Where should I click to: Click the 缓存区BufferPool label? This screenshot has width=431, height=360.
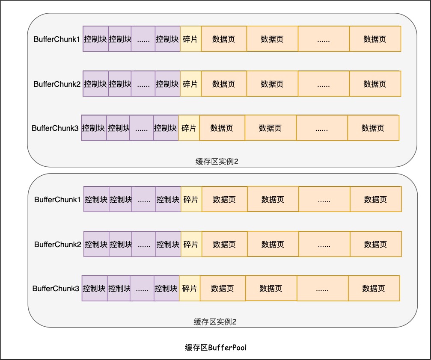(x=216, y=347)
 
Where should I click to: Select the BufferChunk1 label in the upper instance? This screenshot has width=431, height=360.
(x=57, y=39)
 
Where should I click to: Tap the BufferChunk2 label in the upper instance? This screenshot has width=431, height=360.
(x=57, y=84)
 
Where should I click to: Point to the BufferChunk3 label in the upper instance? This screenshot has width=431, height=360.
(x=55, y=128)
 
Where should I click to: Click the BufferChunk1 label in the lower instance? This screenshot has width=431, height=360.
(x=57, y=199)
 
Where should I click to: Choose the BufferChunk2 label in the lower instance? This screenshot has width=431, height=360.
(x=57, y=245)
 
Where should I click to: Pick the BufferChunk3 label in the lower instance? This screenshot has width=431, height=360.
(x=56, y=289)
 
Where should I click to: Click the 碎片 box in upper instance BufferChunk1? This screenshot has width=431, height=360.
(x=190, y=39)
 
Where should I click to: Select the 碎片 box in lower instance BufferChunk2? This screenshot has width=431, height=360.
(x=191, y=244)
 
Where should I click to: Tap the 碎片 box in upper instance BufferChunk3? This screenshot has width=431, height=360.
(x=189, y=128)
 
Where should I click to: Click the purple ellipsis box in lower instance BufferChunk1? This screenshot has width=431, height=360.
(x=144, y=199)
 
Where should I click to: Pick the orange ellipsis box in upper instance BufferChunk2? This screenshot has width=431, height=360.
(x=324, y=84)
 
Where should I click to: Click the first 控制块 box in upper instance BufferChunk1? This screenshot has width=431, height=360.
(x=95, y=39)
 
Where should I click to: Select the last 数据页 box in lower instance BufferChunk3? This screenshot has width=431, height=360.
(x=374, y=289)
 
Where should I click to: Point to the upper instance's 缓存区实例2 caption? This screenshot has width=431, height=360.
(x=216, y=162)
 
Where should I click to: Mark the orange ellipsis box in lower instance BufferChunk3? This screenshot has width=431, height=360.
(x=322, y=289)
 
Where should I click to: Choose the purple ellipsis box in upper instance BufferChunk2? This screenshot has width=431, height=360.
(x=143, y=84)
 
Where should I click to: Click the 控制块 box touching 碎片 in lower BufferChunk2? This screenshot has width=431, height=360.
(x=168, y=244)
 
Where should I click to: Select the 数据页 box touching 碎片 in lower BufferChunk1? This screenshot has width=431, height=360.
(x=224, y=199)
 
